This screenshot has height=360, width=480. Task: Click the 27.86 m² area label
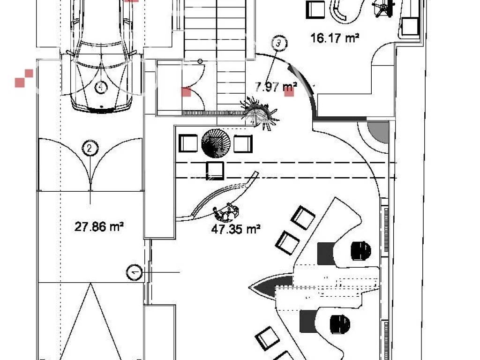99,227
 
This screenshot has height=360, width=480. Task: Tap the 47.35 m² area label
236,229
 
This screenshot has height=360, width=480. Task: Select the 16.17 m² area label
335,38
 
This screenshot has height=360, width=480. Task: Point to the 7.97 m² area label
276,87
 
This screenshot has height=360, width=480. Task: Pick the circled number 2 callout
90,149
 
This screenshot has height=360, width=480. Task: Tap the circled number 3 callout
278,43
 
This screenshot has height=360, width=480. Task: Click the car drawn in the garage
102,55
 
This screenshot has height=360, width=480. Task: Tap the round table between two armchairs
216,143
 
